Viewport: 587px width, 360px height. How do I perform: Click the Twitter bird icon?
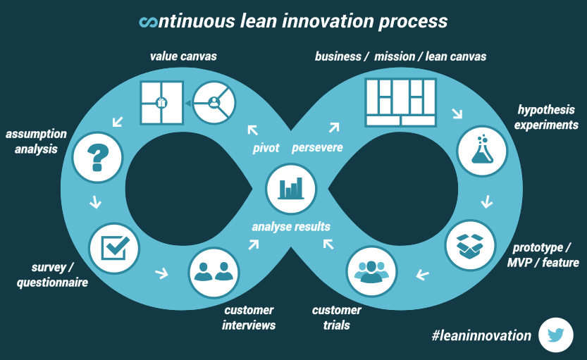click(x=556, y=335)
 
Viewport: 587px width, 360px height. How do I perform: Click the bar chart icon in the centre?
click(x=291, y=189)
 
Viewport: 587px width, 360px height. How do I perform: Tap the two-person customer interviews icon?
click(x=214, y=272)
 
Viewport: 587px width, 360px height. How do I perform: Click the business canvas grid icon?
click(x=400, y=101)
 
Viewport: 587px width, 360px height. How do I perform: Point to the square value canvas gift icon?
click(x=161, y=103)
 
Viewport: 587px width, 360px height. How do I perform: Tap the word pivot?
click(x=266, y=149)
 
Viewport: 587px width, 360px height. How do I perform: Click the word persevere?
click(x=317, y=149)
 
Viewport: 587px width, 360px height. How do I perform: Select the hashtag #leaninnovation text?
click(x=481, y=335)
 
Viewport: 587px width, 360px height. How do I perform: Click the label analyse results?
click(x=291, y=227)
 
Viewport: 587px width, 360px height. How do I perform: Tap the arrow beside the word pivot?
click(x=252, y=130)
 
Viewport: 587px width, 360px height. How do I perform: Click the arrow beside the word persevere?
click(x=334, y=127)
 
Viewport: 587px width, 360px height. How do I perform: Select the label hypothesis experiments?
click(x=546, y=118)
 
